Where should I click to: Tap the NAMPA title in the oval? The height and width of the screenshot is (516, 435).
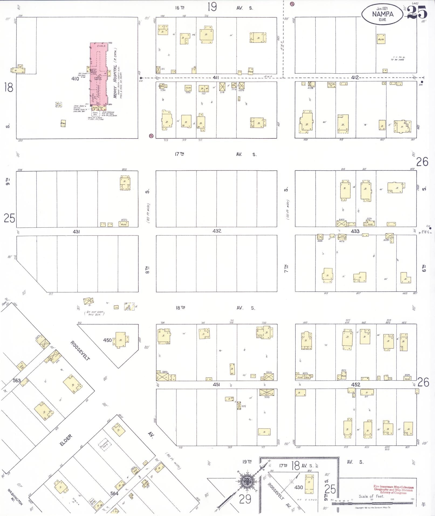(382, 14)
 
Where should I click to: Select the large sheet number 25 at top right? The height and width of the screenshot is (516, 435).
(417, 12)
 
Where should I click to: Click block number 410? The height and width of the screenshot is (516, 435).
(75, 79)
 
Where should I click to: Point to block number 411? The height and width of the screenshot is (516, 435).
(216, 78)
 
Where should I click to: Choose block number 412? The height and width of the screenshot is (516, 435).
(355, 78)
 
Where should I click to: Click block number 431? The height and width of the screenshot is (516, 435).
(76, 231)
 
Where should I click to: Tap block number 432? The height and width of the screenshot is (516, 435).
(217, 231)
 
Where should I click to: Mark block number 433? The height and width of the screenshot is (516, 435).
(355, 231)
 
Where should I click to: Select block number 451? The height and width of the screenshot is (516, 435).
(216, 385)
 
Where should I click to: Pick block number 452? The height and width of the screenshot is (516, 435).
(355, 385)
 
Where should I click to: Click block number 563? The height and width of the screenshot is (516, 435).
(17, 381)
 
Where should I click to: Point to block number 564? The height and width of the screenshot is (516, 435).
(114, 493)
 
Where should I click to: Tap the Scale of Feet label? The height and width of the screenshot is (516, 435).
(371, 496)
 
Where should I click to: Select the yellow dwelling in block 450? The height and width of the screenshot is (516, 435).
(120, 340)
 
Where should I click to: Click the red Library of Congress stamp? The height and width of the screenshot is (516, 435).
(393, 489)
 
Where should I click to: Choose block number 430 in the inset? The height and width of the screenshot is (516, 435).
(299, 487)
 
